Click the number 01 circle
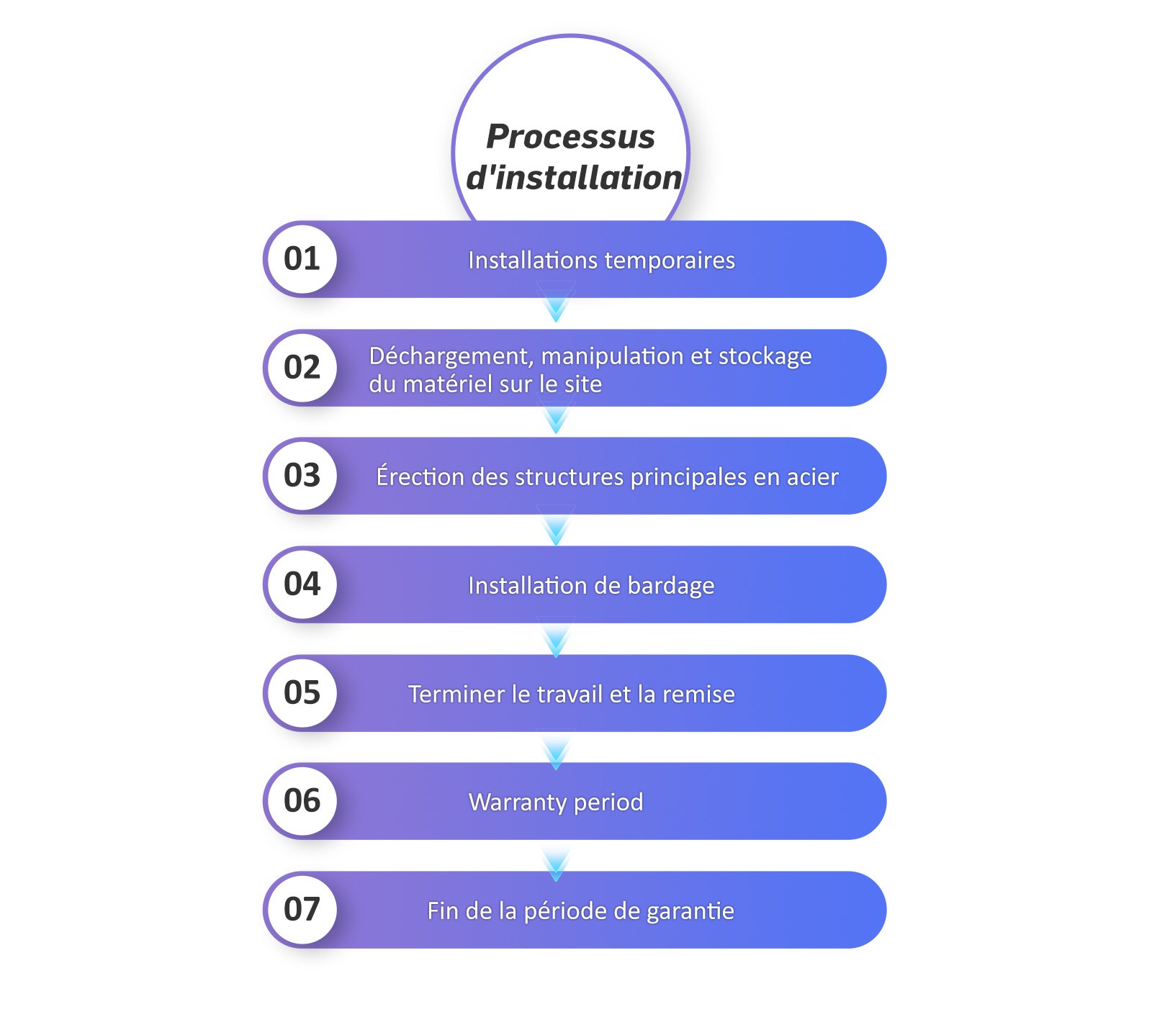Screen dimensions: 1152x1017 click(x=302, y=259)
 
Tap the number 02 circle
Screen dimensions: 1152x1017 click(x=302, y=368)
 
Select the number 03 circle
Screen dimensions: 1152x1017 click(x=302, y=476)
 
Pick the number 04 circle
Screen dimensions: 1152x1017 click(x=302, y=584)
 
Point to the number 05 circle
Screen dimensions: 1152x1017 click(x=302, y=693)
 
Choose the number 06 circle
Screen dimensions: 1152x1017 click(x=302, y=801)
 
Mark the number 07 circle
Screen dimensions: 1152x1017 click(x=302, y=910)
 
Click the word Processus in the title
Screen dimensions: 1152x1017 click(x=570, y=137)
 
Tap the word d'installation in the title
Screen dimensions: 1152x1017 click(x=574, y=177)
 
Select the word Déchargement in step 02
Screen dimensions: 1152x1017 click(x=451, y=357)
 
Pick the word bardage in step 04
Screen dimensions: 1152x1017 click(x=671, y=586)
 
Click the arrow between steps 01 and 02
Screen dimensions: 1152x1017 click(x=556, y=302)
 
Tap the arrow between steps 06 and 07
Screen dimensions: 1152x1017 click(x=556, y=864)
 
